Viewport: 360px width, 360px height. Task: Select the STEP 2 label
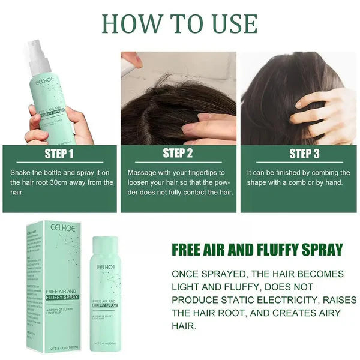pos(178,154)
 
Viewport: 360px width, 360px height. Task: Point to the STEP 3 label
pos(304,154)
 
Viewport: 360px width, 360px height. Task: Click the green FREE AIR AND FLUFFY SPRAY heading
pos(257,250)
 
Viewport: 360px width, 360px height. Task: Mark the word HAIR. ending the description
pos(185,326)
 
